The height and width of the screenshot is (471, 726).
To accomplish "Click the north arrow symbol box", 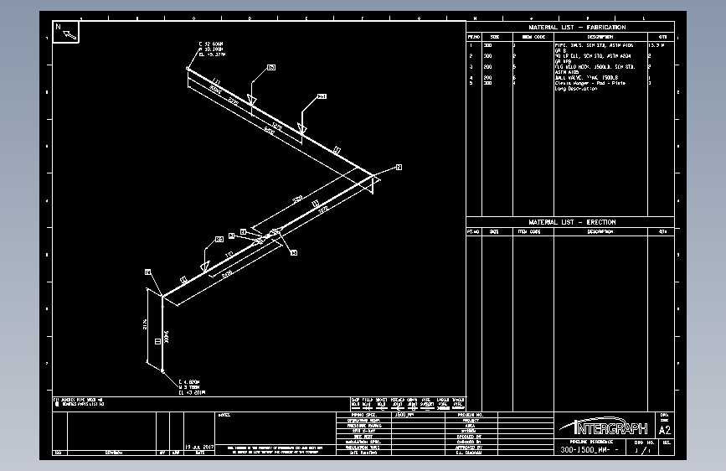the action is coord(66,32).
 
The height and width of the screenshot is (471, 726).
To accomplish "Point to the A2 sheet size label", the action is coord(665,429).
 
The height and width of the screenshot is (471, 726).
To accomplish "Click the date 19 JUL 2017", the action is coord(200,447).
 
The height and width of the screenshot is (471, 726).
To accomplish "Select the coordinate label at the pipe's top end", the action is coord(210,49).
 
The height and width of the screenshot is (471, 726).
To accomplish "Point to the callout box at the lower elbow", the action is coord(147,272).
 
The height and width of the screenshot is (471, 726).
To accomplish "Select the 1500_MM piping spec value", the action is coord(405,415).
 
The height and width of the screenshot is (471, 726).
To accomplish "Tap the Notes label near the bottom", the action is coord(224,415).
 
